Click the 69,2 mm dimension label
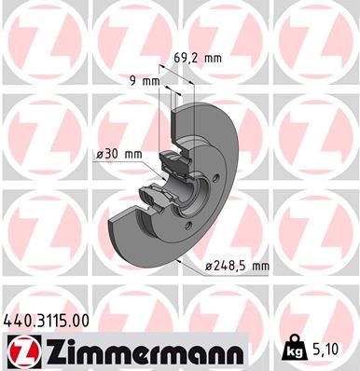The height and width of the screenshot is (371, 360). tap(199, 58)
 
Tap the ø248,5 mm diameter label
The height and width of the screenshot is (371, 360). tap(238, 267)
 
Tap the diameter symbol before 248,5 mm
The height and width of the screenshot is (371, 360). tap(209, 268)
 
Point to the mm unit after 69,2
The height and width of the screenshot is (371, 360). tap(213, 58)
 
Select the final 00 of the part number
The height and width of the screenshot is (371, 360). tap(81, 319)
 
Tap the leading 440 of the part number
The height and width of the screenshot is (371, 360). tap(18, 319)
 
